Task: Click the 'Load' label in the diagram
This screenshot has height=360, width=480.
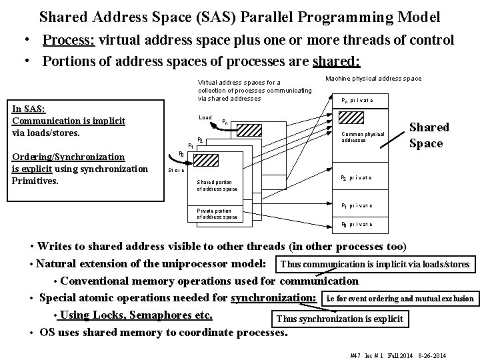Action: pyautogui.click(x=205, y=118)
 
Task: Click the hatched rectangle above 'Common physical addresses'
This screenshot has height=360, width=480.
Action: pyautogui.click(x=352, y=118)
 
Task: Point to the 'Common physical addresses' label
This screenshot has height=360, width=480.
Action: pyautogui.click(x=363, y=137)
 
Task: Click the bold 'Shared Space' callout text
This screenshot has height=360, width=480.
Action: pyautogui.click(x=429, y=135)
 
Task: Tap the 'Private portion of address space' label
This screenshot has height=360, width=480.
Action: pyautogui.click(x=217, y=213)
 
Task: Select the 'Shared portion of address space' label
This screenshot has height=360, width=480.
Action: pyautogui.click(x=217, y=185)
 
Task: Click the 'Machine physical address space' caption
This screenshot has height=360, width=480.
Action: pyautogui.click(x=373, y=79)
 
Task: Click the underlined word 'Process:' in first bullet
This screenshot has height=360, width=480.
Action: pyautogui.click(x=69, y=40)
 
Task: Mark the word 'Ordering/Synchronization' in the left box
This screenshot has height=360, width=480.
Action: pyautogui.click(x=69, y=157)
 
